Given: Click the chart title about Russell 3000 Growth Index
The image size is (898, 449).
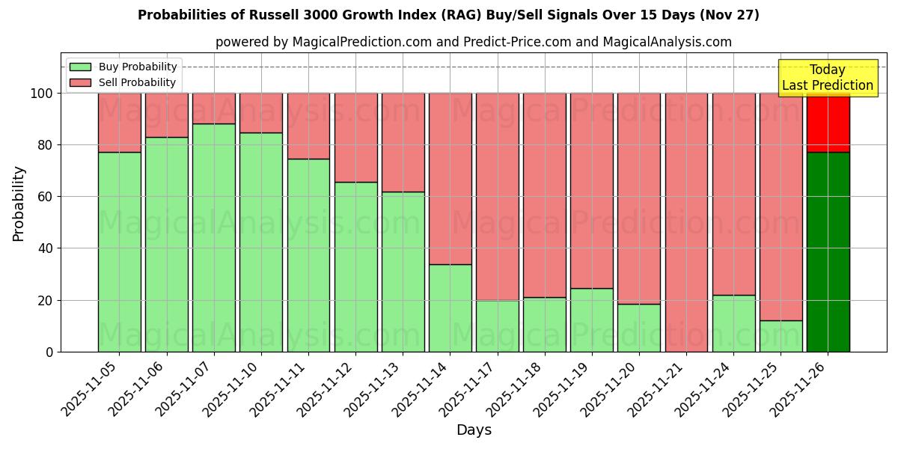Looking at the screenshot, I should pyautogui.click(x=448, y=15).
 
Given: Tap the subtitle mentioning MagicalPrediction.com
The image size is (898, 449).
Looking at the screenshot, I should pyautogui.click(x=473, y=42).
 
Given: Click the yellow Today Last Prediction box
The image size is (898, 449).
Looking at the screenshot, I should pyautogui.click(x=827, y=78).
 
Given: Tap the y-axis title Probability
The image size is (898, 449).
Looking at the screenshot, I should pyautogui.click(x=19, y=203).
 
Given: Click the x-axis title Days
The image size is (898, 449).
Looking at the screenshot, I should pyautogui.click(x=473, y=430).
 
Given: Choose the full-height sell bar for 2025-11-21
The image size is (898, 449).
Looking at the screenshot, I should pyautogui.click(x=686, y=222).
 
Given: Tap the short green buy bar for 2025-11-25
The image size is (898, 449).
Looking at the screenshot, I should pyautogui.click(x=781, y=336).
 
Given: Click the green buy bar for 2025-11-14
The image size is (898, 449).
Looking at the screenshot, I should pyautogui.click(x=450, y=308).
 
